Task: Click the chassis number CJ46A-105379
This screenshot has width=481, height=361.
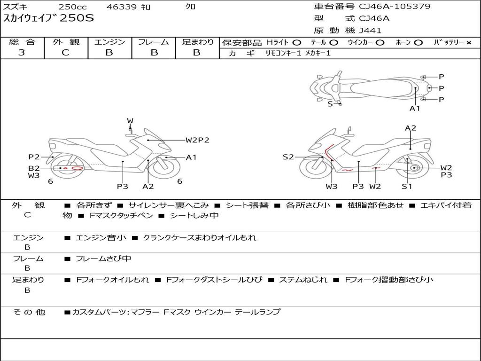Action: pos(395,6)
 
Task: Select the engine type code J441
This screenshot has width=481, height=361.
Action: pos(370,31)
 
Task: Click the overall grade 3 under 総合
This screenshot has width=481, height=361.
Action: pos(22,52)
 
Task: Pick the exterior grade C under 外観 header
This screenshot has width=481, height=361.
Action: pos(66,52)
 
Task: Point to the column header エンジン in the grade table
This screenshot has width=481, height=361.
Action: pos(109,42)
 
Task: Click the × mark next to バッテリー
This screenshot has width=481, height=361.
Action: pos(469,43)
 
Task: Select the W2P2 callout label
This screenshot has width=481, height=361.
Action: pos(197,140)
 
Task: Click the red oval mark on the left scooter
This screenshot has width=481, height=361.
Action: pos(77,168)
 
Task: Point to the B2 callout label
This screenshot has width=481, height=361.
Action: pos(34,168)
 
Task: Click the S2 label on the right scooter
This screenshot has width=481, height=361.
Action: pos(288,157)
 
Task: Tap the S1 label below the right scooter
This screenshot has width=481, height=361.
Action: pos(407,186)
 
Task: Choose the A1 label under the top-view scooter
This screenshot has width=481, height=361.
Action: pos(415,108)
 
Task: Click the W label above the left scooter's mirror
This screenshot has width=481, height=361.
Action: pos(130,121)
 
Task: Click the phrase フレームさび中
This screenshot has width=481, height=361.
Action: pos(103,259)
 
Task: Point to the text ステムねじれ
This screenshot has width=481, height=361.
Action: pos(303,280)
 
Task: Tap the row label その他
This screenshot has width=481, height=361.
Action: pos(29,312)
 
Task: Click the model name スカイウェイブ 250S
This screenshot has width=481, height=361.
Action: pos(48,18)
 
